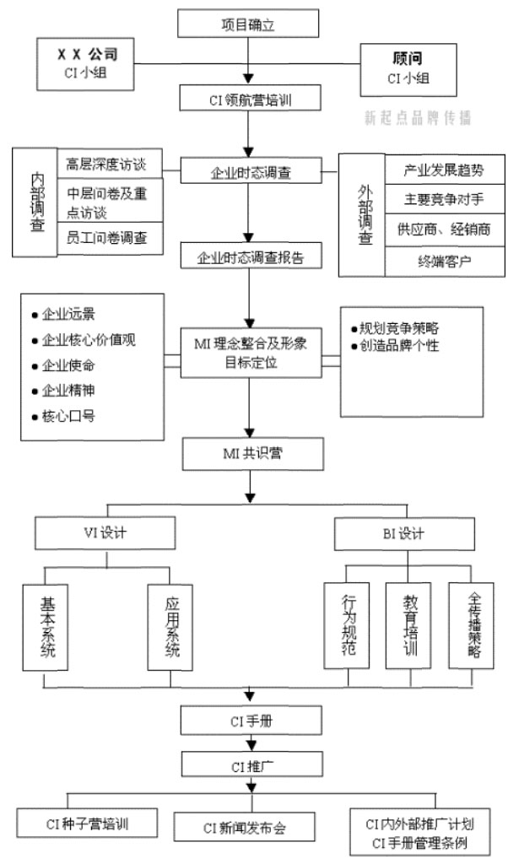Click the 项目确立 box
247,24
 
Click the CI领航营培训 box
247,100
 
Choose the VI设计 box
105,534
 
